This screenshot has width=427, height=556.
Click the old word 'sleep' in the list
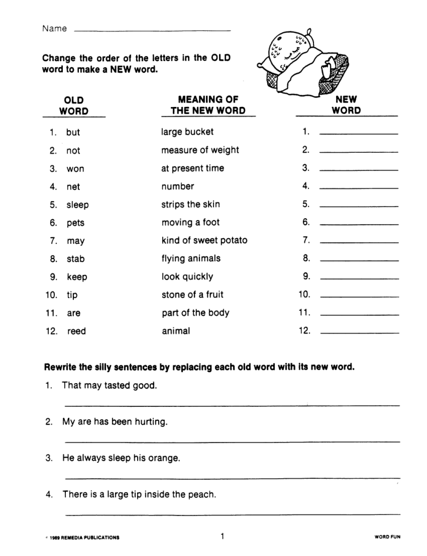(x=77, y=205)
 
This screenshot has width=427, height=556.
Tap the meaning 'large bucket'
(x=187, y=132)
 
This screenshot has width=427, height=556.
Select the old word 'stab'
(x=76, y=259)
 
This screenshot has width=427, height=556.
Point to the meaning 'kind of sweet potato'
(x=204, y=240)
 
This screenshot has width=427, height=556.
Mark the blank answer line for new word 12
(x=360, y=332)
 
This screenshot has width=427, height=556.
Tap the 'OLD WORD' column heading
(x=73, y=106)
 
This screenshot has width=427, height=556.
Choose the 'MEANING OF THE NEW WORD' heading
(x=208, y=105)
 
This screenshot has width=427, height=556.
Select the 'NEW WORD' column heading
(x=346, y=105)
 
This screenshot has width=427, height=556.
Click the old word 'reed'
(x=76, y=331)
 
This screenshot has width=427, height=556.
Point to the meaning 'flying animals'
(x=191, y=258)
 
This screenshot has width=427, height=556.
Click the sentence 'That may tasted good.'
(x=109, y=385)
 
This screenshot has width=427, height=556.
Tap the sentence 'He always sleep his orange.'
(x=121, y=458)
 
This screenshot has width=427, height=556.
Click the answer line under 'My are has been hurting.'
(x=232, y=441)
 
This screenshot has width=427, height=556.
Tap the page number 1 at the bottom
(x=222, y=536)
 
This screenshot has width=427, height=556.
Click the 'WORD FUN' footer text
(x=387, y=537)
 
